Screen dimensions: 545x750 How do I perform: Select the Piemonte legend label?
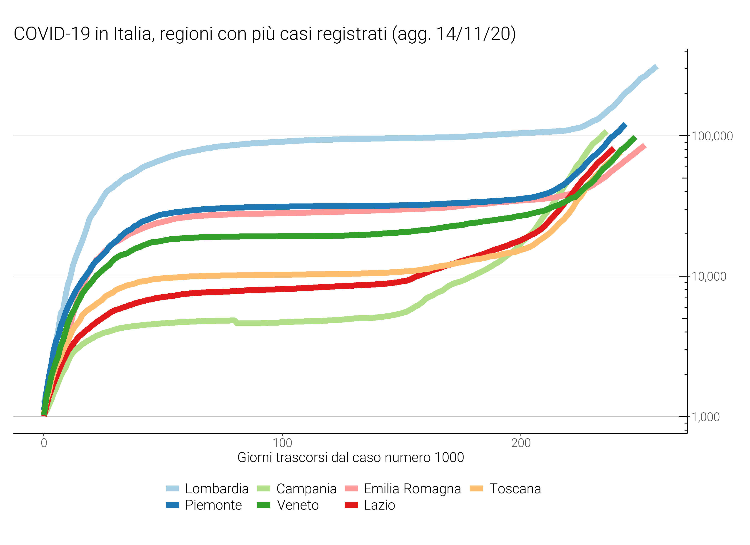click(213, 505)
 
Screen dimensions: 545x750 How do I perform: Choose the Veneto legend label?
click(298, 505)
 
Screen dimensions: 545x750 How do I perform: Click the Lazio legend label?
click(379, 505)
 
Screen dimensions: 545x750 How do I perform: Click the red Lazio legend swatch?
click(351, 505)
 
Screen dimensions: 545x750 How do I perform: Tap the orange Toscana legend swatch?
click(476, 488)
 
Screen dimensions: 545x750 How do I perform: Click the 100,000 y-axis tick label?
click(712, 136)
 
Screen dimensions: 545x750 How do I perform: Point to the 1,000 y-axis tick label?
click(706, 417)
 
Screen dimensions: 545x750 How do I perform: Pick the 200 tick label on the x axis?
click(521, 443)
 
